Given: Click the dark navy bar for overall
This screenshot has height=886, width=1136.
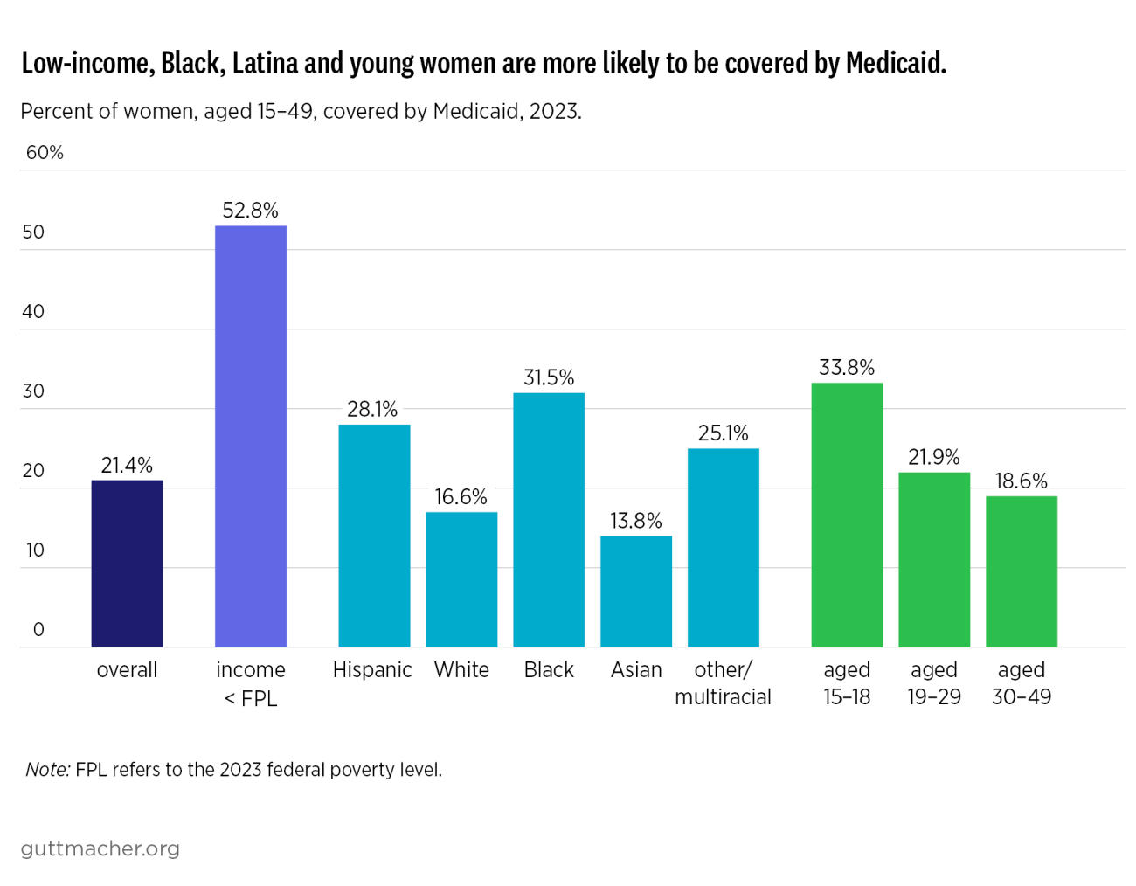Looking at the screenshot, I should pos(127,564).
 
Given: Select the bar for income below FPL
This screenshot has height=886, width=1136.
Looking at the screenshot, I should pos(251,437).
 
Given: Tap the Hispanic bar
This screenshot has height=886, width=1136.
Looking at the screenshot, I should pos(374,536).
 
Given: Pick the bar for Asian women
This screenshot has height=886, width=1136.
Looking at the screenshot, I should pos(636,592).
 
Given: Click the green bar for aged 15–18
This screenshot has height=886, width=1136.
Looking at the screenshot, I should pos(847,515).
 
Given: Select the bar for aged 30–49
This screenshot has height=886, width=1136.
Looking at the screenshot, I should pos(1022,571).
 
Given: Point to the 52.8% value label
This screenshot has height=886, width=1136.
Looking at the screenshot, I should pos(251,211).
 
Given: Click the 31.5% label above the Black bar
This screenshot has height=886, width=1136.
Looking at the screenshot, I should pos(549,377).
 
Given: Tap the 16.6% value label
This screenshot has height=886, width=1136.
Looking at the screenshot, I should pos(461,497).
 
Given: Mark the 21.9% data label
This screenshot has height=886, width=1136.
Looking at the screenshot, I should pos(934,457).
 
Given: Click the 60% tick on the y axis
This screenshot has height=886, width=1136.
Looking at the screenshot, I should pos(45,153).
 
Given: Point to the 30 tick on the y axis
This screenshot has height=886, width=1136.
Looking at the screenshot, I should pos(33,391).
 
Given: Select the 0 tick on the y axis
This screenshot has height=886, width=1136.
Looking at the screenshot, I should pos(38,630).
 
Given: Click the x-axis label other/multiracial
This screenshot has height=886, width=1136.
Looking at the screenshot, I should pos(723,683).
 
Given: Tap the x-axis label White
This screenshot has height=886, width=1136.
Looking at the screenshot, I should pos(461,670).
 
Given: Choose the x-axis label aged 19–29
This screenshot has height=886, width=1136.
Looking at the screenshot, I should pos(934,683).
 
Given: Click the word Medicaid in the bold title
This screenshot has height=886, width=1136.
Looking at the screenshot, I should pos(895,64).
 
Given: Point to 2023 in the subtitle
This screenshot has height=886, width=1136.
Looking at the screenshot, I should pos(553,112).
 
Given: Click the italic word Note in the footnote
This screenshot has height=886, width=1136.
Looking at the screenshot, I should pos(47,770).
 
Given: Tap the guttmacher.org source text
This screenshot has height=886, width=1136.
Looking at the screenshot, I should pos(100,848).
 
